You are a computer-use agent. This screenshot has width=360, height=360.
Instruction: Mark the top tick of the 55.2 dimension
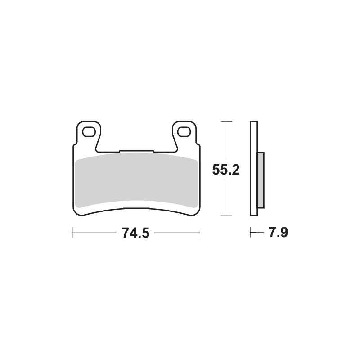tap(226, 122)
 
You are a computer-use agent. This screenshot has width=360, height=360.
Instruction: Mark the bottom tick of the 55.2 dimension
tap(226, 216)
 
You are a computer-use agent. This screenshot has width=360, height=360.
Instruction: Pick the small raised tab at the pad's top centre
tap(136, 151)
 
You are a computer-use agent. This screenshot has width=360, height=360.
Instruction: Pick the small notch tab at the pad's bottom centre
tap(136, 208)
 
